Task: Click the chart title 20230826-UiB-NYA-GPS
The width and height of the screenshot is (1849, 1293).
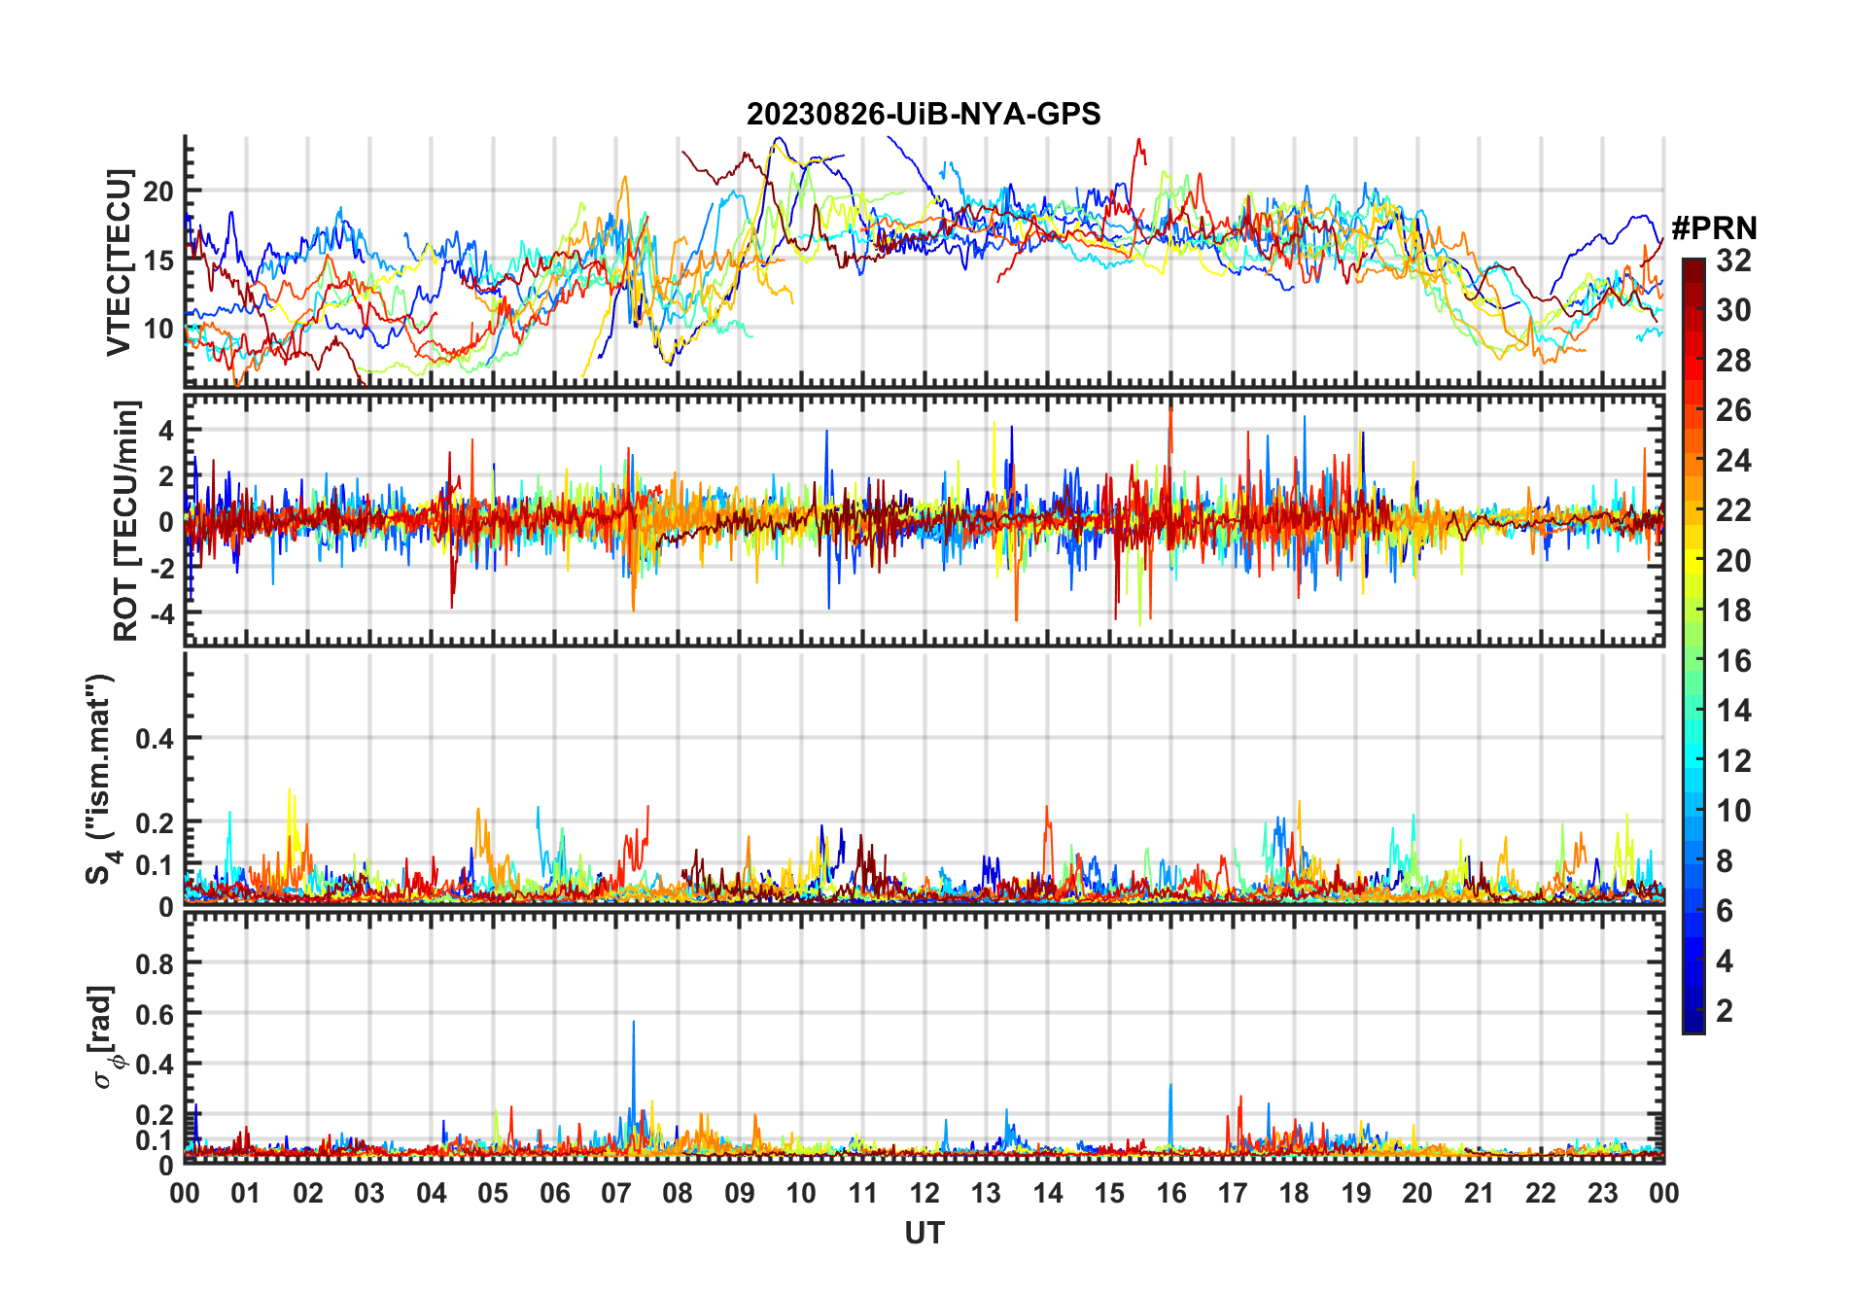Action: [x=924, y=115]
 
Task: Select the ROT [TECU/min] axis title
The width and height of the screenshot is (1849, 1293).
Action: [x=126, y=520]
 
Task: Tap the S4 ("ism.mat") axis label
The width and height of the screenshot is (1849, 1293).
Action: [x=101, y=779]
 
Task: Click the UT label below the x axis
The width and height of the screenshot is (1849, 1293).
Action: [x=924, y=1234]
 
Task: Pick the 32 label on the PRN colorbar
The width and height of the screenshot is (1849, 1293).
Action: [x=1733, y=261]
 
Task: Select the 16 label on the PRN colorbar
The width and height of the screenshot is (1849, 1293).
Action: [x=1733, y=661]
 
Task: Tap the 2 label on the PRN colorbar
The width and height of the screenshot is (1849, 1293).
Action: [x=1725, y=1011]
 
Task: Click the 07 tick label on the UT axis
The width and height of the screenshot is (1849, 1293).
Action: [x=616, y=1194]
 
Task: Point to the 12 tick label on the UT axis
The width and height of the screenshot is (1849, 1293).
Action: [x=924, y=1194]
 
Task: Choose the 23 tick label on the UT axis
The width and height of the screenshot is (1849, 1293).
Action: [x=1602, y=1194]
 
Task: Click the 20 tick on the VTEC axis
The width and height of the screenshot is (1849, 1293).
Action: [x=158, y=192]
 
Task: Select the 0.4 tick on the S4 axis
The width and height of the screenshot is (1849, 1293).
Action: [x=155, y=739]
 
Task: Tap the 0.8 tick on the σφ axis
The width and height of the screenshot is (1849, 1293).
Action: [x=155, y=963]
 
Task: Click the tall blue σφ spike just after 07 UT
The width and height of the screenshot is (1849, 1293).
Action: [x=634, y=1024]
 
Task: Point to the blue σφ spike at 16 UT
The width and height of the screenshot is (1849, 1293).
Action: [x=1170, y=1087]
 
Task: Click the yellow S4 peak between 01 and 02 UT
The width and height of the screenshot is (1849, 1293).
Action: [x=290, y=791]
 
